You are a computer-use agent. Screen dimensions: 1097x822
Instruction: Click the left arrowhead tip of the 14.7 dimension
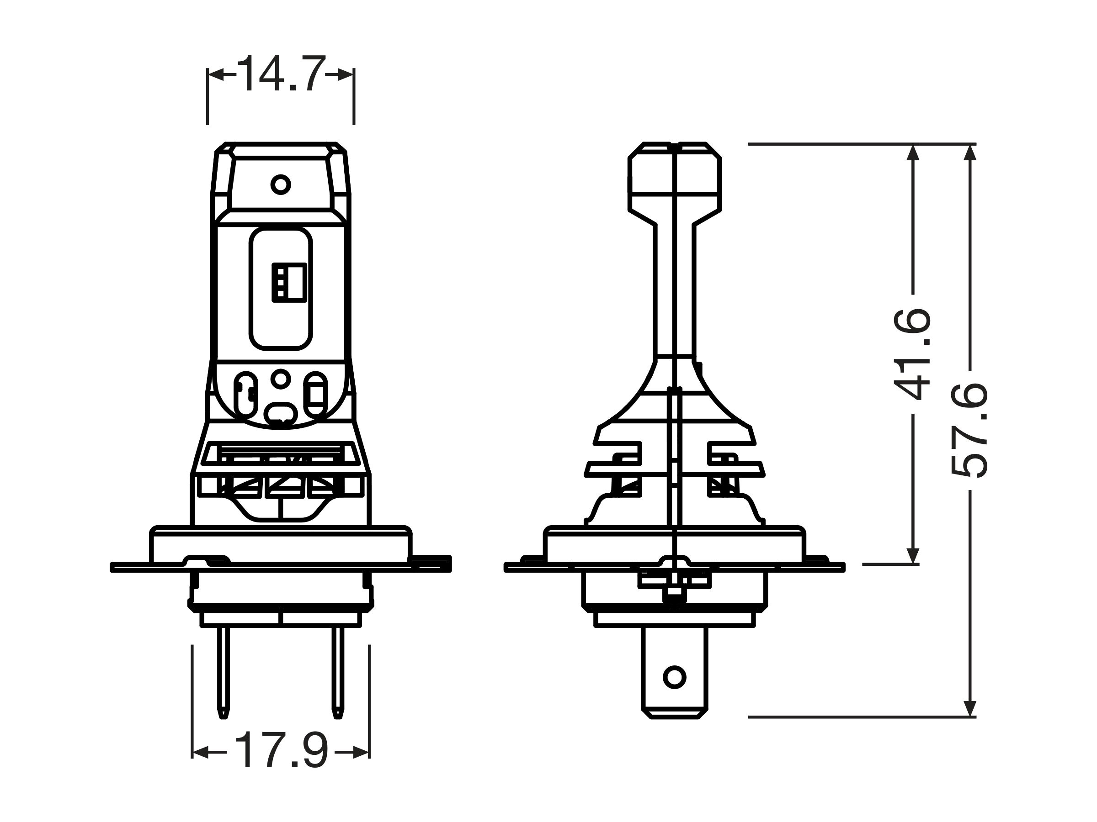(208, 75)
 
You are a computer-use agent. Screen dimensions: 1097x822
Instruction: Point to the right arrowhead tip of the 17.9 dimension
(369, 753)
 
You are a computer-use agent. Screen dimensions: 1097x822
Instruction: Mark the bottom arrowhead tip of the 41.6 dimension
(913, 564)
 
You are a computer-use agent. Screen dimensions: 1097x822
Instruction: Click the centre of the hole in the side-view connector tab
(674, 677)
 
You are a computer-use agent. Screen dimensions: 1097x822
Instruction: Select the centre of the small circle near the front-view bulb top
(281, 185)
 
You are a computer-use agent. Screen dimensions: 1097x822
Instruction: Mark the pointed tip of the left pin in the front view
(224, 717)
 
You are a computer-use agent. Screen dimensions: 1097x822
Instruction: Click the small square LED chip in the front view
(289, 282)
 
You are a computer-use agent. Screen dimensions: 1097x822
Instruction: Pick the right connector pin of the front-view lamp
(338, 672)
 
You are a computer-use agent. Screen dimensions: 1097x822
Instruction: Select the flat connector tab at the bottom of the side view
(675, 672)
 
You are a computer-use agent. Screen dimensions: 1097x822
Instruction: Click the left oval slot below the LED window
(245, 395)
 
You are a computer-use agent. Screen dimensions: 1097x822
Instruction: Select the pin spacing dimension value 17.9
(281, 751)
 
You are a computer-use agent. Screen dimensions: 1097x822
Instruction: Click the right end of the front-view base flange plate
(450, 564)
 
